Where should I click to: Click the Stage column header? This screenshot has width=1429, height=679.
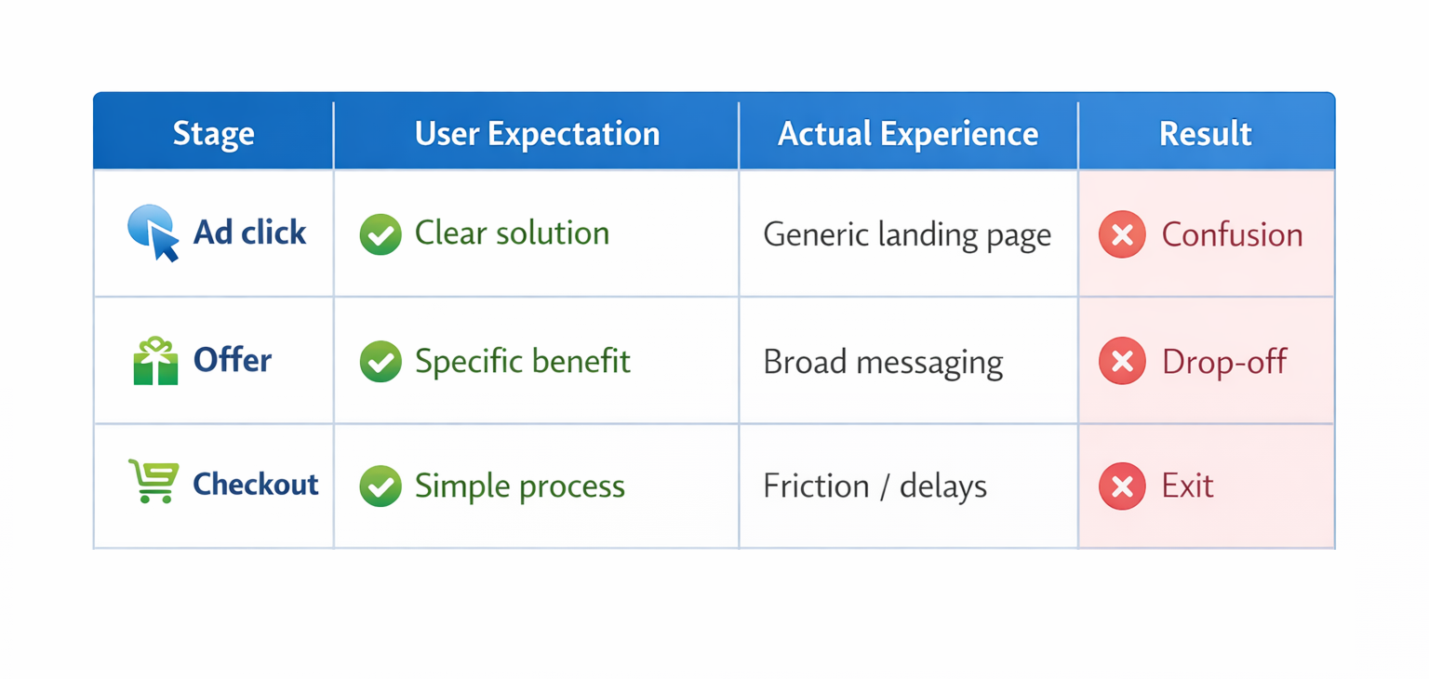[213, 134]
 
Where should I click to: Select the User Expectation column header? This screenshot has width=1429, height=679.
[537, 134]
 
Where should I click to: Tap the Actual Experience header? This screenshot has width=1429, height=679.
[908, 134]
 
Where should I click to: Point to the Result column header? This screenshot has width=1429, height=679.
[1205, 134]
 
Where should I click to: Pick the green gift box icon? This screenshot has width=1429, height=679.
[155, 361]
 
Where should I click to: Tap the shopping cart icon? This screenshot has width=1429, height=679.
[154, 482]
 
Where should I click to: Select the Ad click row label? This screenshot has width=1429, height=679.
[249, 233]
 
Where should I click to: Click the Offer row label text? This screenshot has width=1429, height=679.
[233, 360]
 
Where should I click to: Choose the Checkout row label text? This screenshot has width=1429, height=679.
[255, 484]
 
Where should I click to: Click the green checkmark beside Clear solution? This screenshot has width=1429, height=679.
[381, 234]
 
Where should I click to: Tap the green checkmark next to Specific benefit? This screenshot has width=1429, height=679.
[381, 362]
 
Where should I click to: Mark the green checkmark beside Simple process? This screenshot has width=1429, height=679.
[381, 486]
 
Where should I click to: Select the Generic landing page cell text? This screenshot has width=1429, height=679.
[907, 234]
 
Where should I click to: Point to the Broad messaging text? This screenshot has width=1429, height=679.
[883, 362]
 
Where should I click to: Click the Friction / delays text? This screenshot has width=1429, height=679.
[875, 486]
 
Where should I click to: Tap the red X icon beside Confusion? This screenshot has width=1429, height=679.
[1122, 234]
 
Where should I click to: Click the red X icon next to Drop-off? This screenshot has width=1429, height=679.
[1122, 361]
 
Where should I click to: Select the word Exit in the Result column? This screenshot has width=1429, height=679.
[1187, 486]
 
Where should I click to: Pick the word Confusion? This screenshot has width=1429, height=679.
[1232, 234]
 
